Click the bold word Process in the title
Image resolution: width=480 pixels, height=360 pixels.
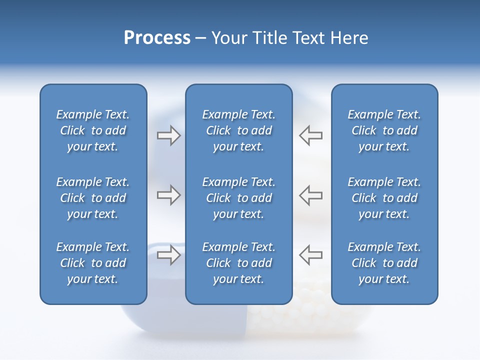(157, 38)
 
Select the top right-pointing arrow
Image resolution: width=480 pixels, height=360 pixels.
(168, 135)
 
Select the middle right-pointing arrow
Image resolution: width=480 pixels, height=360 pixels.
(168, 195)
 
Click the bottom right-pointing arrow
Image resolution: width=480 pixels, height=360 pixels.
(168, 255)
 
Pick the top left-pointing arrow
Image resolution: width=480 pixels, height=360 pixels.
(310, 135)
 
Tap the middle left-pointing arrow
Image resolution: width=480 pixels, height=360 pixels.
(310, 195)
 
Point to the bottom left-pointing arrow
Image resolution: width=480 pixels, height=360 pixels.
(310, 255)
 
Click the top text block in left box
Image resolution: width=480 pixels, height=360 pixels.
(93, 130)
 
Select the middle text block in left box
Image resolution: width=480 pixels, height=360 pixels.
(93, 198)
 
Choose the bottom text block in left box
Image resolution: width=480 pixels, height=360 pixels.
(93, 263)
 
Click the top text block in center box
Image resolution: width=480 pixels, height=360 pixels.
(238, 130)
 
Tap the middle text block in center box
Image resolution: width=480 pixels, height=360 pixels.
(238, 198)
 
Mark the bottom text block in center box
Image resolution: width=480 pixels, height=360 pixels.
(238, 263)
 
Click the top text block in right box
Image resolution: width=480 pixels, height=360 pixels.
(384, 130)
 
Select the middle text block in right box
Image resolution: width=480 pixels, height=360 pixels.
(384, 198)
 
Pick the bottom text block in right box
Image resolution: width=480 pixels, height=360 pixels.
(384, 263)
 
